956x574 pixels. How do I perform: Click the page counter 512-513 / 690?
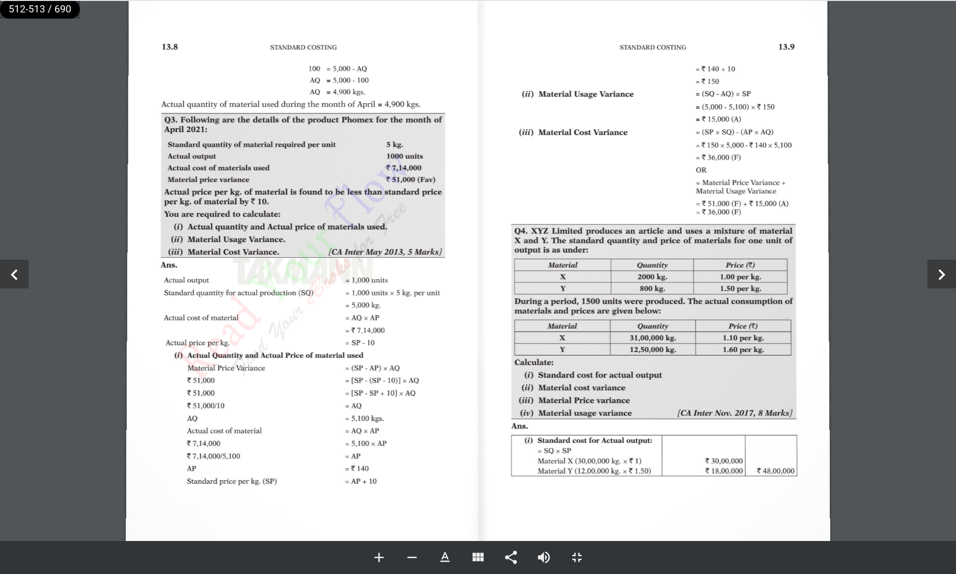(x=40, y=9)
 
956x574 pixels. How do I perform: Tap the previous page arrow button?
(x=14, y=274)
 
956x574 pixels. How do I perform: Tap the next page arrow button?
(x=941, y=274)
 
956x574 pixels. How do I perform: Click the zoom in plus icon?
(x=379, y=557)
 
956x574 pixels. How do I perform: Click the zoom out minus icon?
(x=412, y=557)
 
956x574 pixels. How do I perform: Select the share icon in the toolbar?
(x=511, y=557)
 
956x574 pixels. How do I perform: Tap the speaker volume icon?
(x=543, y=557)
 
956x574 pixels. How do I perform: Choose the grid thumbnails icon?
(x=478, y=557)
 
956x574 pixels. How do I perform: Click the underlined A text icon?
(x=445, y=557)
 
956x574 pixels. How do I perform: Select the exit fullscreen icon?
(x=577, y=557)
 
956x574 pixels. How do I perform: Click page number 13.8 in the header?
(x=170, y=47)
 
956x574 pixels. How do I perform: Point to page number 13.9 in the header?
(x=786, y=47)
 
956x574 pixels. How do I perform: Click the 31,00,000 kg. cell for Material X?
(x=652, y=338)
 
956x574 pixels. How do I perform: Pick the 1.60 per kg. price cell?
(x=743, y=350)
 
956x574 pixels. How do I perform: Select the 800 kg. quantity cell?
(x=652, y=288)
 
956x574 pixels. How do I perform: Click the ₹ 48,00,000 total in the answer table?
(x=775, y=471)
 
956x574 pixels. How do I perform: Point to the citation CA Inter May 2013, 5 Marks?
(x=385, y=252)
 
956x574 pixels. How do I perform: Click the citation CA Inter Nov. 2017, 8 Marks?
(x=735, y=413)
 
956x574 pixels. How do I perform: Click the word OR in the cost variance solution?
(x=701, y=170)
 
